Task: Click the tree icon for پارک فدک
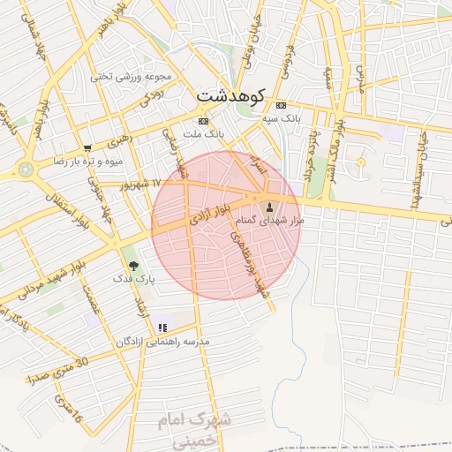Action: (x=133, y=264)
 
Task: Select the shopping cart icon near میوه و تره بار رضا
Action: (x=87, y=148)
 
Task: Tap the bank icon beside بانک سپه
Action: (x=282, y=105)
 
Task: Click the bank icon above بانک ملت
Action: (x=204, y=121)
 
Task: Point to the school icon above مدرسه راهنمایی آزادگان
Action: (x=162, y=328)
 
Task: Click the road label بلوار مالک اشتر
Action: (x=333, y=140)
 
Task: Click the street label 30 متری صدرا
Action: (x=58, y=370)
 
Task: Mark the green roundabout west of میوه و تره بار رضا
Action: (x=25, y=168)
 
